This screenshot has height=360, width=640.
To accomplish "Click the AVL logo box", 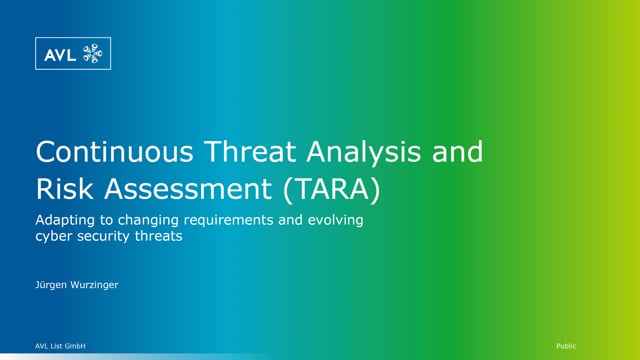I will click(73, 54).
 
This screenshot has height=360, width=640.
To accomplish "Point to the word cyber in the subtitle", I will click(54, 237).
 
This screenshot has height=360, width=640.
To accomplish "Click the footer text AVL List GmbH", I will click(61, 345).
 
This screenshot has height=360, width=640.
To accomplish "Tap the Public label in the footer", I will click(566, 345).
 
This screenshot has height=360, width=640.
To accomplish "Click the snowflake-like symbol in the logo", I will click(91, 54).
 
